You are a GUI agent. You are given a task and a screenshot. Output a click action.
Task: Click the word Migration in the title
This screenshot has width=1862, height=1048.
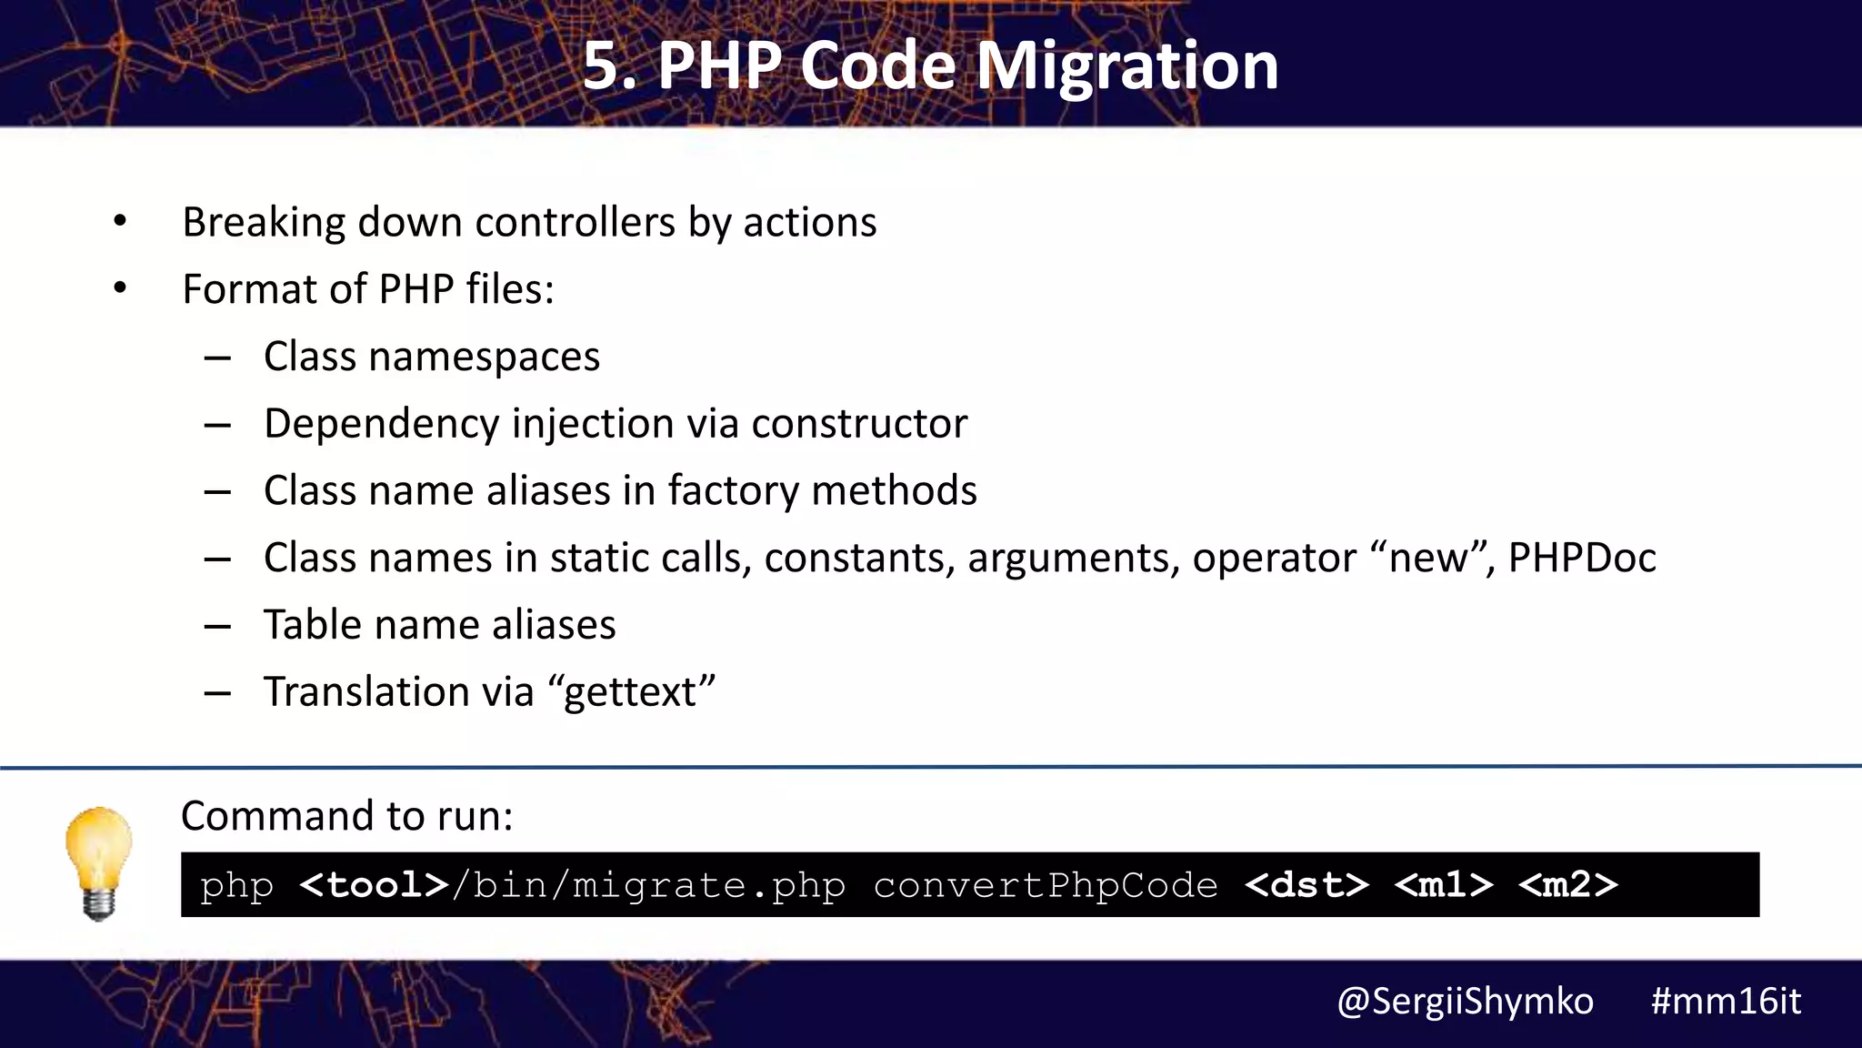coord(1127,67)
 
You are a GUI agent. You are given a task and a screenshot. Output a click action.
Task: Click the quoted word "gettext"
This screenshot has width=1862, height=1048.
coord(631,692)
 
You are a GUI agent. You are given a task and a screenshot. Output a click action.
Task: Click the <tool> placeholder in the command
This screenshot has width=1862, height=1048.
coord(374,885)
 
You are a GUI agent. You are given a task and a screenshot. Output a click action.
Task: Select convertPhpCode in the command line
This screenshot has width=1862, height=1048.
coord(1046,885)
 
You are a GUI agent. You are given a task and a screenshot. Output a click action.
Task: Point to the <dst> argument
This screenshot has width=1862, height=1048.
coord(1306,885)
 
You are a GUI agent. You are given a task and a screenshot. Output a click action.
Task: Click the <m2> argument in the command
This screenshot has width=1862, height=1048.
coord(1567,885)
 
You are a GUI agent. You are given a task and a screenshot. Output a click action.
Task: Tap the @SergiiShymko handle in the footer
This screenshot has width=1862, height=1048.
coord(1465,1002)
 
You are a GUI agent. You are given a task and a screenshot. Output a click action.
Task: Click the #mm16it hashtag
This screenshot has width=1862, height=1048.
coord(1726,1002)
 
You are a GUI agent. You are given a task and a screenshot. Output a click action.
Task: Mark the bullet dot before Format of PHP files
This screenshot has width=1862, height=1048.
coord(120,288)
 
